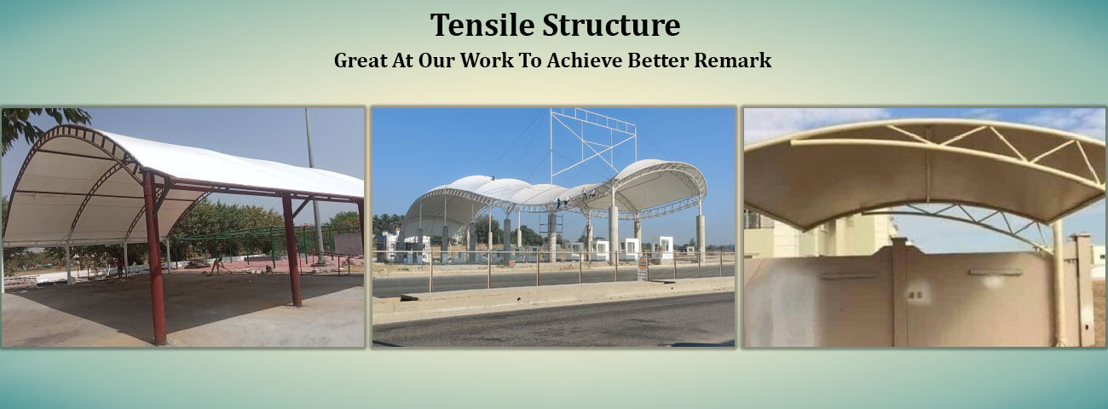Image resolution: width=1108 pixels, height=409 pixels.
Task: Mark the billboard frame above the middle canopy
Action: click(592, 141)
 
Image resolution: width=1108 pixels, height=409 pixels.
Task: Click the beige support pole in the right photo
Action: click(1058, 281)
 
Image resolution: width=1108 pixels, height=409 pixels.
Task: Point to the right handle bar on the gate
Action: click(994, 273)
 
